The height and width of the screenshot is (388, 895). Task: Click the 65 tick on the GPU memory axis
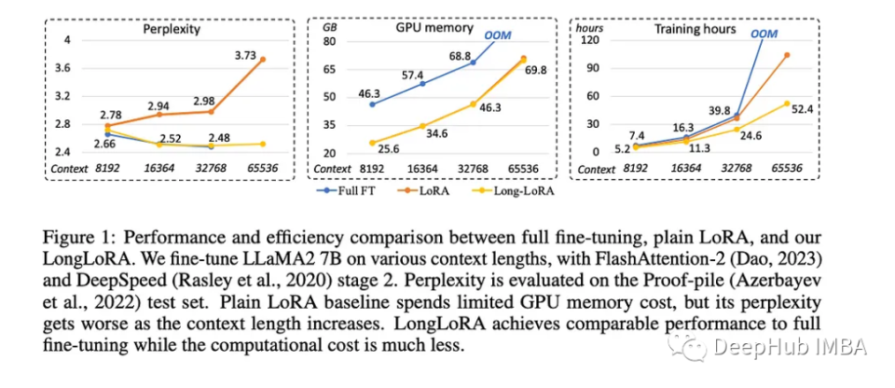(x=331, y=68)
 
